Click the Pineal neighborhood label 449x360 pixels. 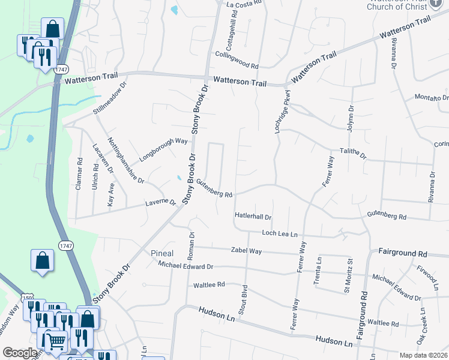pos(162,253)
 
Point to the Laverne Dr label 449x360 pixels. pos(160,204)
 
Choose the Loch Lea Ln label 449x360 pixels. pos(280,234)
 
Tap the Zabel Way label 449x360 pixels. pos(246,251)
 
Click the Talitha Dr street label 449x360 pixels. pos(353,154)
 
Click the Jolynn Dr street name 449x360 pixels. pos(350,119)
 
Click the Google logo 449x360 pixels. pos(20,353)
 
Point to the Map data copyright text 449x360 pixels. pos(423,355)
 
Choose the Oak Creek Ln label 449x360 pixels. pos(421,326)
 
